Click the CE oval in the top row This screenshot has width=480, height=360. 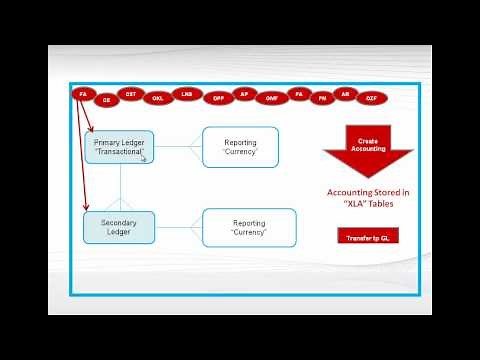[107, 100]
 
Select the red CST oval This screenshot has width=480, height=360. [131, 93]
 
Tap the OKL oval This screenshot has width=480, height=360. [158, 99]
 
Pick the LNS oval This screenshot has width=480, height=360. [186, 93]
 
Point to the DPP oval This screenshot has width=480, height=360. [217, 99]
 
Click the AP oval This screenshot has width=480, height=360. [244, 93]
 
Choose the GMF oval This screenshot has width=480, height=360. [271, 99]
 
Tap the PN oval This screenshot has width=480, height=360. [322, 99]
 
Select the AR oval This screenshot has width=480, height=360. [346, 93]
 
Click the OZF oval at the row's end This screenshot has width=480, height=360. [371, 99]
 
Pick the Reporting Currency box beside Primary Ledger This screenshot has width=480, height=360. [240, 146]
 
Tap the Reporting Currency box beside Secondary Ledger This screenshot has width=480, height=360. [248, 227]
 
